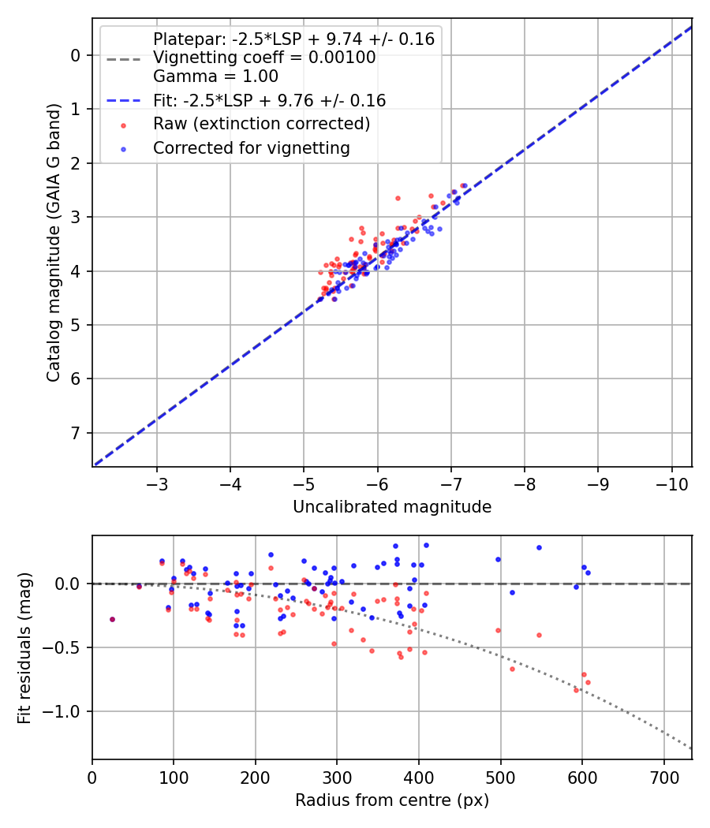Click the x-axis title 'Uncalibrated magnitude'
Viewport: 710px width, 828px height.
392,507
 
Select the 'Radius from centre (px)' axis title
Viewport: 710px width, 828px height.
392,800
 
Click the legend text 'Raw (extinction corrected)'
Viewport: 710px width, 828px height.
261,124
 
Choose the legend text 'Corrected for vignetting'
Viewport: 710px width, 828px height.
252,147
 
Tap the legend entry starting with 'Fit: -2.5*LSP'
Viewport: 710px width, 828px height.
269,101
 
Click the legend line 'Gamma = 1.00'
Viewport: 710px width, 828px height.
215,76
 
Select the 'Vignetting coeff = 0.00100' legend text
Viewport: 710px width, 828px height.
264,58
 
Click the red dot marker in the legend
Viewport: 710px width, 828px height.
122,125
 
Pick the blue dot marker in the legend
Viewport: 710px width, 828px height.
122,148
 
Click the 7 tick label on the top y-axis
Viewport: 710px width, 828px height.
76,433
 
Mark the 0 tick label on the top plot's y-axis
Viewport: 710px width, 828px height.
76,55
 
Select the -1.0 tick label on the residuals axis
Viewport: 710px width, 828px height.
68,711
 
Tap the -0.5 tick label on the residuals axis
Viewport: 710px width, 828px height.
68,647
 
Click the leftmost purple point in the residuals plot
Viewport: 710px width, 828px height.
112,619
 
